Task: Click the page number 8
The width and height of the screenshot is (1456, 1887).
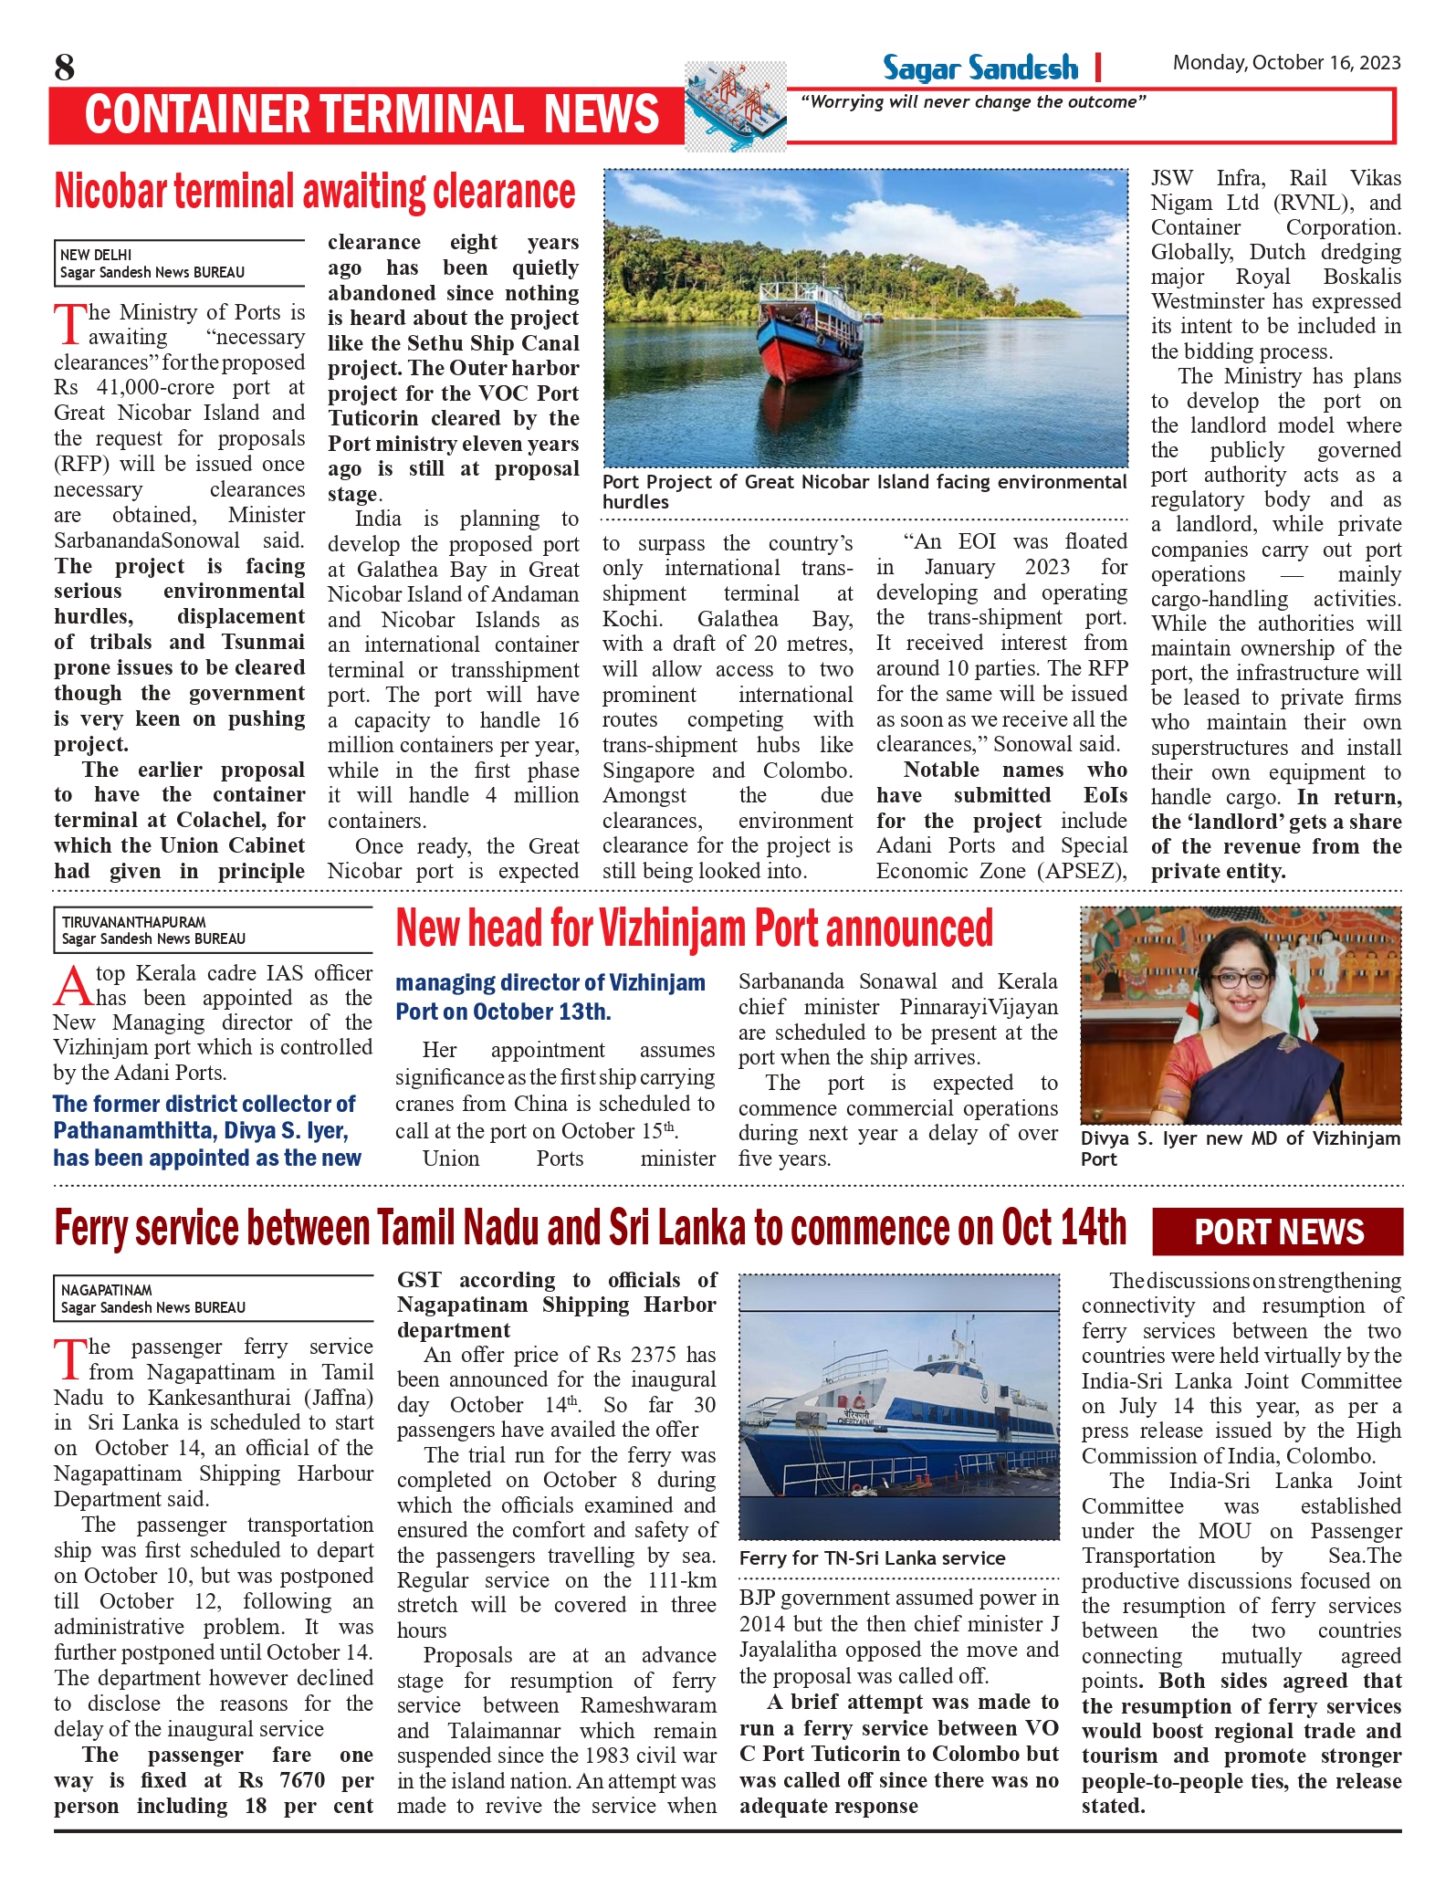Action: (64, 68)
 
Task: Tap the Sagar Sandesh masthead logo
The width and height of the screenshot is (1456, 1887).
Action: (979, 68)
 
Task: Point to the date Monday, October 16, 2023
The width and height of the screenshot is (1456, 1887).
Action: (1286, 63)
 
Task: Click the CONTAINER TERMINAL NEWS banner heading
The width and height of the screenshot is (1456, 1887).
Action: (372, 115)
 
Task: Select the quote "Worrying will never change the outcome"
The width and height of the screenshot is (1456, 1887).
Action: (973, 102)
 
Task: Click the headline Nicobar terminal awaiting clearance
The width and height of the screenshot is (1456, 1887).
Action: (315, 192)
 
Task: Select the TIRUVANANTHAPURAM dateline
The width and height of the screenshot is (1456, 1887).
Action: (133, 922)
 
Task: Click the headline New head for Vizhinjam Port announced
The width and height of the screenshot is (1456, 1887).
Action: (694, 929)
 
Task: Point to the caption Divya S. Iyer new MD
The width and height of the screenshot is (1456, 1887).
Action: (1240, 1148)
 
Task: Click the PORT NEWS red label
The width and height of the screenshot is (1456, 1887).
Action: (1278, 1232)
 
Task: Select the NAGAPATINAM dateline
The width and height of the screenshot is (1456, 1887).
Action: (106, 1290)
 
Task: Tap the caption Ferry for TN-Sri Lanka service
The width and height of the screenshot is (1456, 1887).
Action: (872, 1558)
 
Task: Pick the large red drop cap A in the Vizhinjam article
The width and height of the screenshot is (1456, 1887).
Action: (72, 987)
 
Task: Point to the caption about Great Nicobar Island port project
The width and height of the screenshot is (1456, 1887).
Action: (864, 491)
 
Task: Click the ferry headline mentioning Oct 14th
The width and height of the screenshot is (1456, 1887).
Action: (590, 1229)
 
